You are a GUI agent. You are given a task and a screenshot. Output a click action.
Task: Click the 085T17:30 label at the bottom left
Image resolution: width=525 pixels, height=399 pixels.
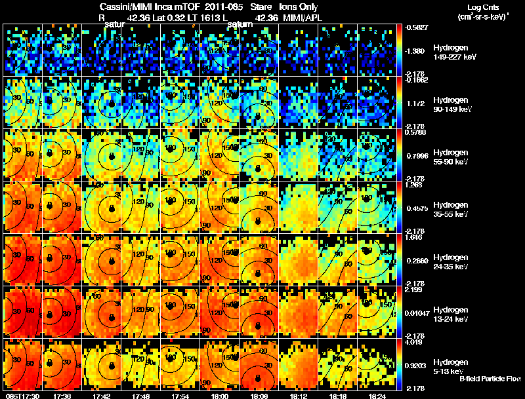(21, 396)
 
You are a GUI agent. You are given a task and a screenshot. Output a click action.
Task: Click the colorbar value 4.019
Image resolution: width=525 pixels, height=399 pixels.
(417, 342)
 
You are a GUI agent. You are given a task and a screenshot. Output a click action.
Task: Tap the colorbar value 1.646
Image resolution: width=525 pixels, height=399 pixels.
(417, 237)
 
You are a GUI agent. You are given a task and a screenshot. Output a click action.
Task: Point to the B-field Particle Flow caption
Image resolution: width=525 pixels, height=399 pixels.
(490, 378)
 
